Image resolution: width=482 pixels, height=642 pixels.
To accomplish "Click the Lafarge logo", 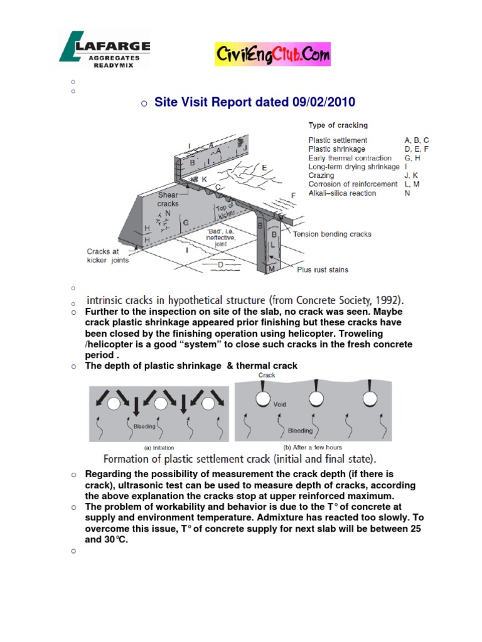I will click(x=104, y=50).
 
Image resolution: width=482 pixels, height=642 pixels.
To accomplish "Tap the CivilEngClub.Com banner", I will click(x=272, y=55).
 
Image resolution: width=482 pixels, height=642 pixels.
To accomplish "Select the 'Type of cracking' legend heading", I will click(x=338, y=125).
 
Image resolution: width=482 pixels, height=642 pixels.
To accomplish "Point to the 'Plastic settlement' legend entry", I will click(x=338, y=140).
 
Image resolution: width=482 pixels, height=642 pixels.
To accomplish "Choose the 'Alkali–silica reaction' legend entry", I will click(x=342, y=193).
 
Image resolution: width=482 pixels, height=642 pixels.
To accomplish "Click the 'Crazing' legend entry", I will click(x=321, y=176).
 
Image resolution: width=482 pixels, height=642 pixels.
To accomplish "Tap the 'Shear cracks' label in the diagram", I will click(x=168, y=199).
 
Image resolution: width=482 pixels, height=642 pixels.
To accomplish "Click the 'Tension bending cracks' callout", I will click(x=332, y=234).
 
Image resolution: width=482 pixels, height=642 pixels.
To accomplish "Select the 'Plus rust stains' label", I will click(x=323, y=270).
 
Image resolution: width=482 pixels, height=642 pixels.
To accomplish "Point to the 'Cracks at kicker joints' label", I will click(x=107, y=256).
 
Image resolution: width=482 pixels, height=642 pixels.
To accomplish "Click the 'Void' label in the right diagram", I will click(x=280, y=404).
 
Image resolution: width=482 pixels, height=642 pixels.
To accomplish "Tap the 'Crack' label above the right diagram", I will click(x=267, y=376).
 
